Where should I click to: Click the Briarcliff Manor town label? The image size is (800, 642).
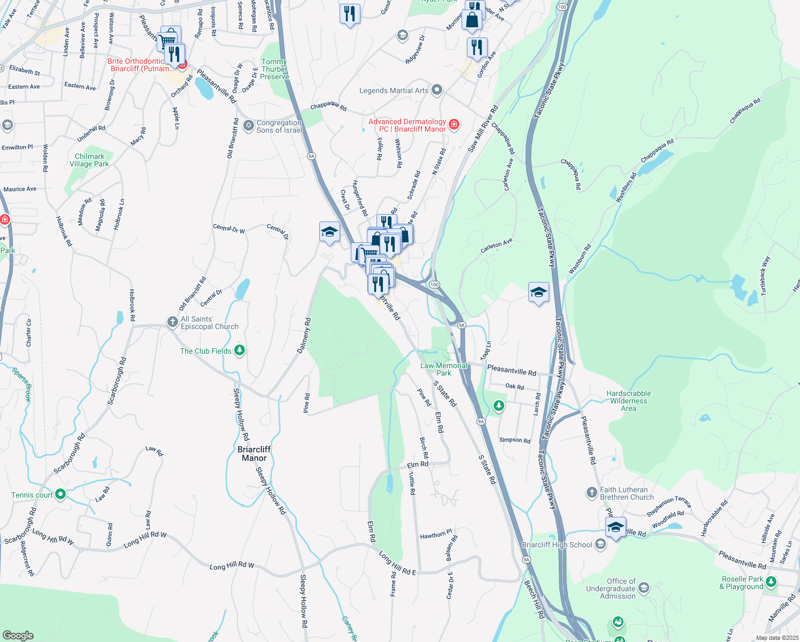click(254, 454)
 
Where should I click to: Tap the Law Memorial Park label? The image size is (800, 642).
click(444, 369)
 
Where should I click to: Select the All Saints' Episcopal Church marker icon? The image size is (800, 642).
click(172, 322)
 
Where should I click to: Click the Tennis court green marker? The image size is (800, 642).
click(60, 494)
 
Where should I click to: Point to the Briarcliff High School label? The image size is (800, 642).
click(557, 545)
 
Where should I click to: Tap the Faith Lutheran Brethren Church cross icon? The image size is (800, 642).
click(591, 492)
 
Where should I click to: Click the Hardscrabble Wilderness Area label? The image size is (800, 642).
click(628, 401)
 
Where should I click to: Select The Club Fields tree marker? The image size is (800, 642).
click(240, 350)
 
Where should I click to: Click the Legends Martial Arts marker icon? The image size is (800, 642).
click(437, 90)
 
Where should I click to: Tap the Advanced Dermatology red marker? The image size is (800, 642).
click(454, 125)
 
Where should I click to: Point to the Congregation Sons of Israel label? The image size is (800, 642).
click(279, 126)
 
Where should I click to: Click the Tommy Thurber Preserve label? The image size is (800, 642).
click(274, 70)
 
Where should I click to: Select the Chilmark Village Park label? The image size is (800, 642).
click(89, 160)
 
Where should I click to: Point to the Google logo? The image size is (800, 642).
click(18, 635)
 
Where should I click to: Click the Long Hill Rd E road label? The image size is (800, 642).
click(397, 564)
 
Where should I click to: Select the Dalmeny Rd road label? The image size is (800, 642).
click(304, 335)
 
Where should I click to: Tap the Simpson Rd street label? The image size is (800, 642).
click(514, 440)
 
